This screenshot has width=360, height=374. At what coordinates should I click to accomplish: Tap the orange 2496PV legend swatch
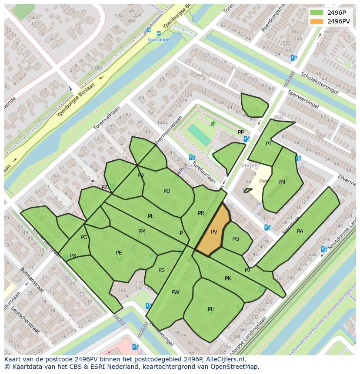(x=317, y=21)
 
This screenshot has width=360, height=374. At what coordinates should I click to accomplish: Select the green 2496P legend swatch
(x=317, y=12)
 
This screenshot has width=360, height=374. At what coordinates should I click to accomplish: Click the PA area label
(x=300, y=232)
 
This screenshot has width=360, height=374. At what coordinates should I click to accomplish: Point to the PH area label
(x=211, y=309)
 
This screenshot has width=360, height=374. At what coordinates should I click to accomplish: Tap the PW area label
(x=175, y=292)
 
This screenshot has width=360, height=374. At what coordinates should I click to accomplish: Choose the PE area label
(x=119, y=252)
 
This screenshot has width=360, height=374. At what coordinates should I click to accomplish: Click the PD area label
(x=167, y=191)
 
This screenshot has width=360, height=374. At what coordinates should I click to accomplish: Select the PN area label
(x=282, y=182)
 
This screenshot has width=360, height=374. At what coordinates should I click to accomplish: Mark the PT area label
(x=269, y=144)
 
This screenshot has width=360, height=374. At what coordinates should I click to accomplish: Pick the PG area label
(x=236, y=239)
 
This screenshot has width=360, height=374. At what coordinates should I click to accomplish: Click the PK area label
(x=228, y=278)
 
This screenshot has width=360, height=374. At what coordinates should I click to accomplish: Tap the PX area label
(x=73, y=256)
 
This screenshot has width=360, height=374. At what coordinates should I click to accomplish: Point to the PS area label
(x=161, y=270)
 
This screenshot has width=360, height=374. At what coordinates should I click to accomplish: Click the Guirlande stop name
(x=158, y=40)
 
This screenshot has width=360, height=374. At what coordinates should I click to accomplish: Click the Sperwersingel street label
(x=303, y=100)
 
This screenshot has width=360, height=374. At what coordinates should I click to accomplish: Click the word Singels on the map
(x=249, y=165)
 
